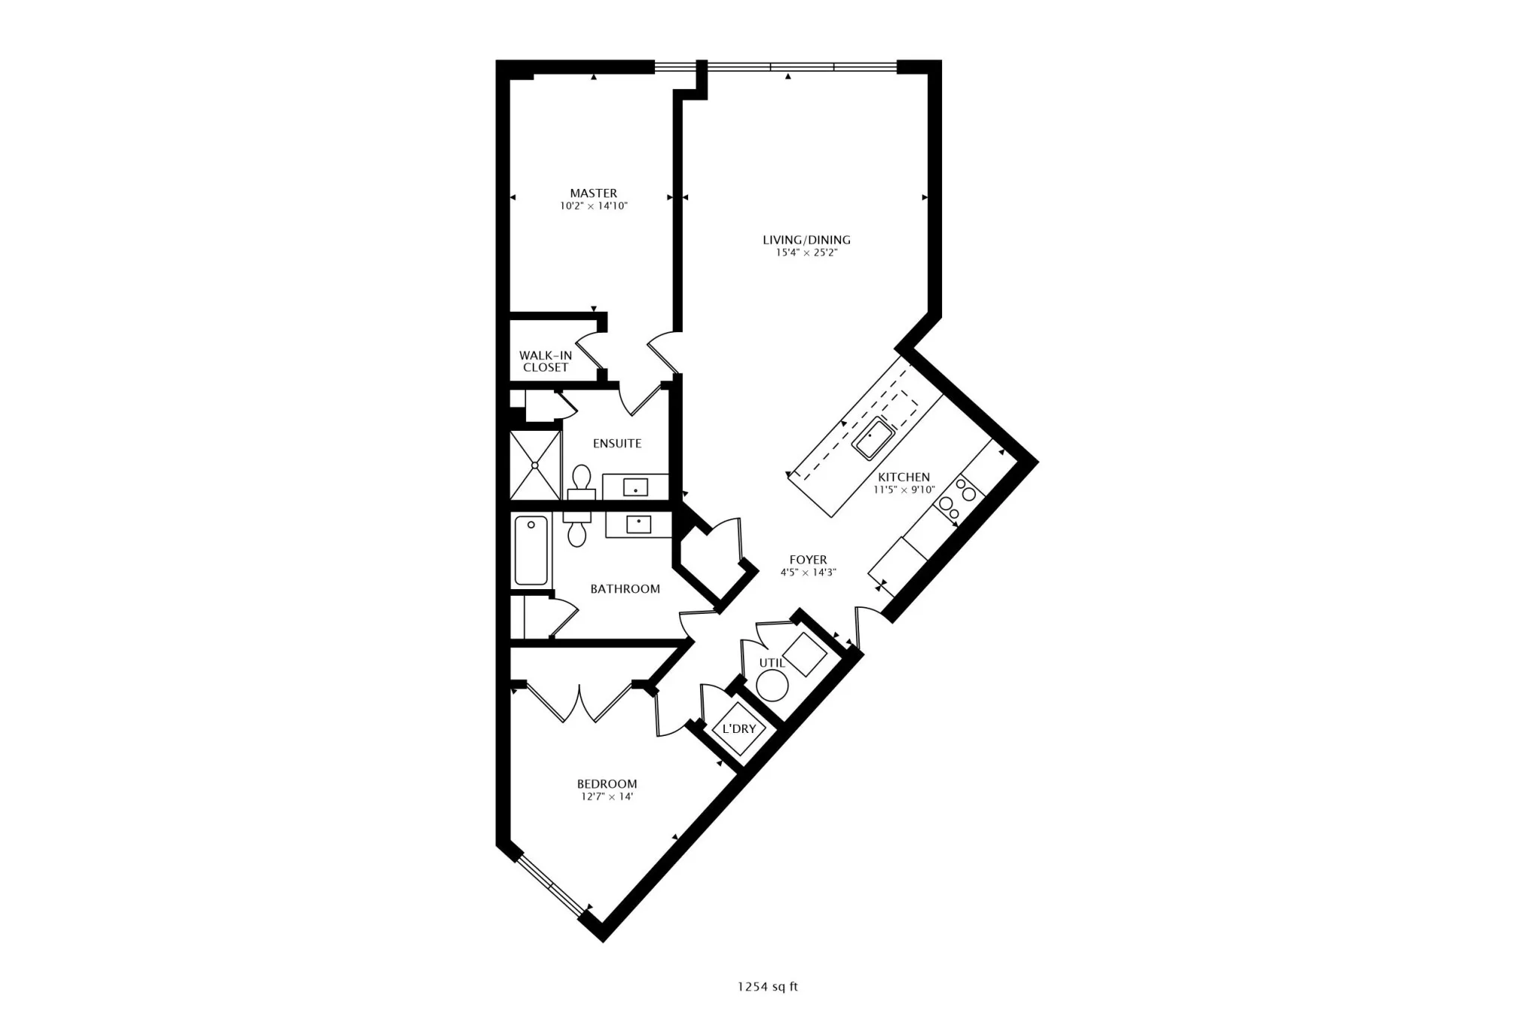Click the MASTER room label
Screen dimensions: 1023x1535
[593, 193]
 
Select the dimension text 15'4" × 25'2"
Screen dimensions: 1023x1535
[806, 253]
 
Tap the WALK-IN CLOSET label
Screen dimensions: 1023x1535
[545, 361]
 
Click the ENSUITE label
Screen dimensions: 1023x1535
[617, 444]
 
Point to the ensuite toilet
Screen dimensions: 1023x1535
[581, 480]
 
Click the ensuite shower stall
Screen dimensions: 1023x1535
[534, 465]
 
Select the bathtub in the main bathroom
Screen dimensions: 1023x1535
[531, 551]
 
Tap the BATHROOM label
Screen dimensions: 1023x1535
[624, 589]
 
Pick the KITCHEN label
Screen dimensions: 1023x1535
[903, 477]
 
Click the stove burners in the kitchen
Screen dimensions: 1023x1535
[958, 503]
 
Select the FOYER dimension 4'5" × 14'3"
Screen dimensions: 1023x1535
[807, 573]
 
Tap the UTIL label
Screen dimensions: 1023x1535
[771, 663]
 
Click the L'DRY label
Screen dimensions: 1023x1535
[738, 728]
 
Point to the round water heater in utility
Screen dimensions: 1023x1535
[772, 684]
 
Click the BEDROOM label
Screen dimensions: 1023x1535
[606, 784]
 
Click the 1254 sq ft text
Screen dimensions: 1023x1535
[767, 986]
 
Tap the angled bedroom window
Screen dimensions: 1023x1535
[551, 887]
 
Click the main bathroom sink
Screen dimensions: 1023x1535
[638, 524]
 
